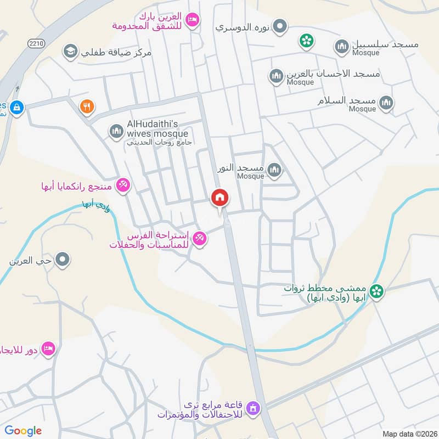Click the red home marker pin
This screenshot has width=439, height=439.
click(219, 198)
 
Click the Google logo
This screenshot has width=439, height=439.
click(23, 431)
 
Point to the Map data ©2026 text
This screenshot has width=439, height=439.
click(409, 434)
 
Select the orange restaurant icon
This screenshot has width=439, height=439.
click(86, 106)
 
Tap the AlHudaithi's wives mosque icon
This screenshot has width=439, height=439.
click(116, 131)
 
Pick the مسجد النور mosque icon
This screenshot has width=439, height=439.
click(274, 170)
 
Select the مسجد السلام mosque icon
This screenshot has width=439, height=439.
click(386, 103)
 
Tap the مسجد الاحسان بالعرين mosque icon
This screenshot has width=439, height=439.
click(277, 76)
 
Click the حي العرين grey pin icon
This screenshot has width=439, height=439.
click(63, 259)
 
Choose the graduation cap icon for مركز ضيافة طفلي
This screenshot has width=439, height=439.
click(70, 52)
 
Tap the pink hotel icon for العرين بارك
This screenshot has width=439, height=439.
click(192, 20)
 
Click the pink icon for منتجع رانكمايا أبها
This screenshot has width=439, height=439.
click(123, 185)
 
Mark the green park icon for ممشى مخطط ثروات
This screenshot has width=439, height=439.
click(376, 291)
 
